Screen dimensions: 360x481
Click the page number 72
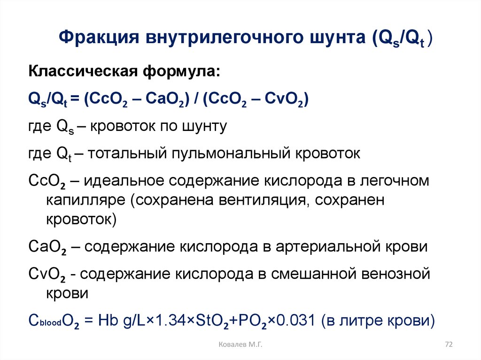click(x=448, y=345)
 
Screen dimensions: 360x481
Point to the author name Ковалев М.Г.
click(x=240, y=345)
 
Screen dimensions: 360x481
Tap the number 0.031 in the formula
click(x=295, y=322)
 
